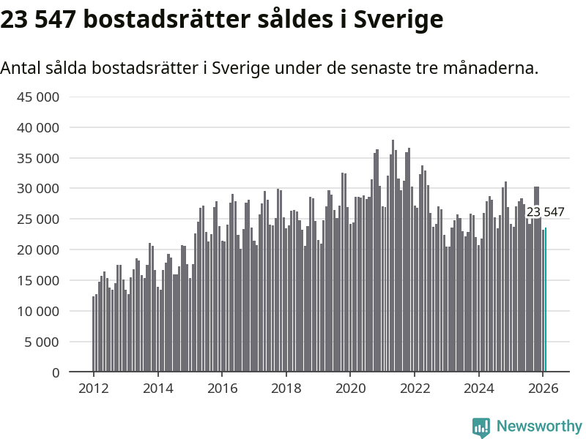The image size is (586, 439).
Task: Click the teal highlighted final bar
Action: [546, 300]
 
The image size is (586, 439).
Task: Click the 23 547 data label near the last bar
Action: [546, 212]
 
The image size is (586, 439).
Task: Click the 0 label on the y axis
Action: [55, 372]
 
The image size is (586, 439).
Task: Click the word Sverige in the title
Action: [398, 20]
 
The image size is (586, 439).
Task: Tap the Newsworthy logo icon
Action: [481, 427]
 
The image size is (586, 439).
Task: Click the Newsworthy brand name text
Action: [539, 427]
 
